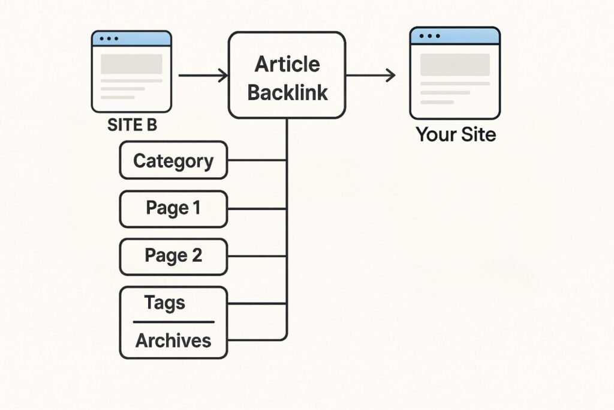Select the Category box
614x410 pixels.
173,160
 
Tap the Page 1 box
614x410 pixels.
173,208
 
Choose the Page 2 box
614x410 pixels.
173,256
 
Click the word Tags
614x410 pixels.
164,303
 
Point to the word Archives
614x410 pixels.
173,340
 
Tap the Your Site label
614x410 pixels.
456,134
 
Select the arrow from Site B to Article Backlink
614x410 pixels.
203,76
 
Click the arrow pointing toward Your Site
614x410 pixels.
370,76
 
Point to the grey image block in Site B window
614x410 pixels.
131,64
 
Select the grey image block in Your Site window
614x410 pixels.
455,64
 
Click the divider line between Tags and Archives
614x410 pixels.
173,322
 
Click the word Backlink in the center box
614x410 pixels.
287,93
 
